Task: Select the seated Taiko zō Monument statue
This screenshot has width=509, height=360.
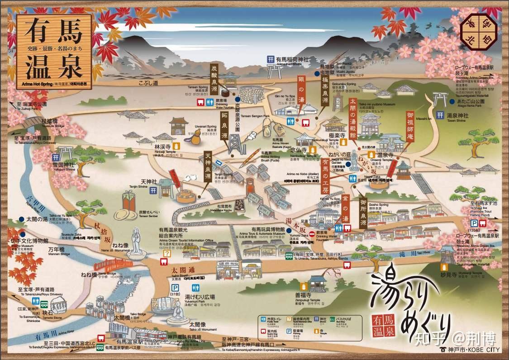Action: (x=178, y=312)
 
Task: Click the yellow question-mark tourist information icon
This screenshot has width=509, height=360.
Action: (x=166, y=254)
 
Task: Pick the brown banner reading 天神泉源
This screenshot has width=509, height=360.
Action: (x=208, y=170)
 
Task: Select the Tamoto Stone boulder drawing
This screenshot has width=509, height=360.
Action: (x=58, y=305)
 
